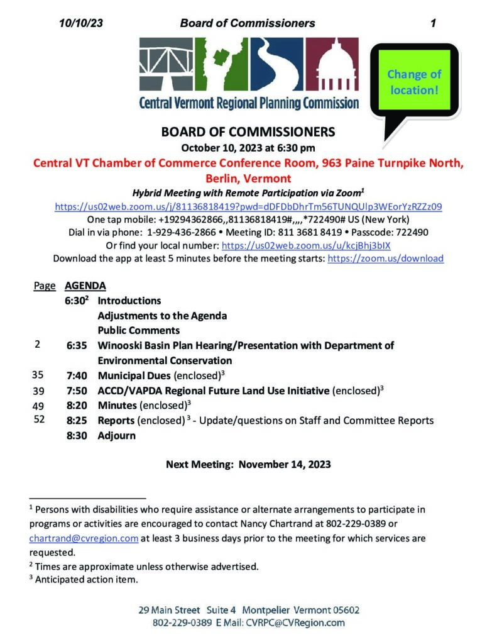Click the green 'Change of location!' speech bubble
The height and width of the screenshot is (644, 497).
tap(413, 82)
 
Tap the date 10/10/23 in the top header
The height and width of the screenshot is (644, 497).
tap(80, 23)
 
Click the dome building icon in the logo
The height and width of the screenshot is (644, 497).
tap(335, 65)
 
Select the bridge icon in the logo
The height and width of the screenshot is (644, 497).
tap(165, 65)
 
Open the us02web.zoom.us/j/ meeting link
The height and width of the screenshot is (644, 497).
tap(248, 206)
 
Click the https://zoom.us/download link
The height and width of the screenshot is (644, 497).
tap(386, 258)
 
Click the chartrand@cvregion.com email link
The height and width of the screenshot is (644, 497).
tap(84, 539)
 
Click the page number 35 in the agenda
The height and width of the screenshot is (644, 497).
tap(38, 375)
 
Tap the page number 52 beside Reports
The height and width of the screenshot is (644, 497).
tap(39, 419)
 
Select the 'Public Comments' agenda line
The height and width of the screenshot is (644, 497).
tap(138, 331)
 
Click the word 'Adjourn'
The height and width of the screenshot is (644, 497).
tap(116, 435)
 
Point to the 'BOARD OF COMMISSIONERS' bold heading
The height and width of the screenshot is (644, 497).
tap(248, 133)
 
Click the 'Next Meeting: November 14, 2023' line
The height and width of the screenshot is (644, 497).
tap(248, 465)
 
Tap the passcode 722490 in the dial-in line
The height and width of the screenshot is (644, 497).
tap(413, 232)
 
